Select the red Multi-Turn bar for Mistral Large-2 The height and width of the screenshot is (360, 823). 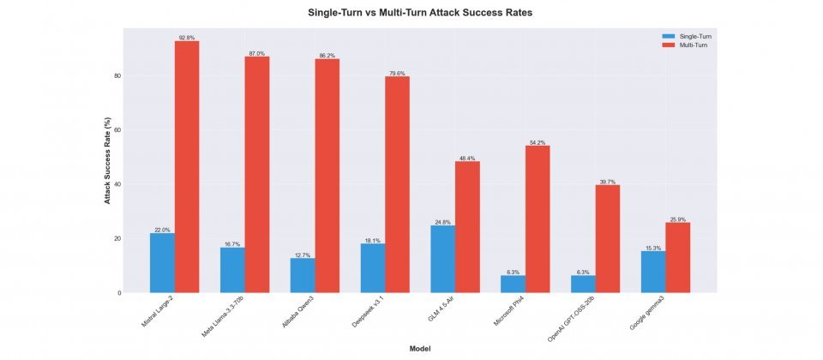click(x=187, y=167)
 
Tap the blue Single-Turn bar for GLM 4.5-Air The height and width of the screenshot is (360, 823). click(x=443, y=259)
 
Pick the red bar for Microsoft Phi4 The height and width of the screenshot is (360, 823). click(x=538, y=219)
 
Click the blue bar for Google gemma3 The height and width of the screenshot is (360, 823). click(x=653, y=272)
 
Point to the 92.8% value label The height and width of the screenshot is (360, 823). click(x=187, y=38)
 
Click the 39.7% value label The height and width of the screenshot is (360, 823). click(x=607, y=182)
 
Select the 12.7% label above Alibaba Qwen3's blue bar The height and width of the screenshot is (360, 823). click(x=303, y=255)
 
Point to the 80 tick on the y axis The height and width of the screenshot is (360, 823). click(x=117, y=76)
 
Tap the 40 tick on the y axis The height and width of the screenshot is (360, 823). click(x=117, y=184)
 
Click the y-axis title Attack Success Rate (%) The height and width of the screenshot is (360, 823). click(x=108, y=160)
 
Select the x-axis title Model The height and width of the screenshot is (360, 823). click(x=420, y=349)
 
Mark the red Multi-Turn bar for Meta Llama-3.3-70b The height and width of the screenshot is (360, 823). click(x=257, y=175)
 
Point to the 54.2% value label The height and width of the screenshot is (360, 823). click(x=538, y=142)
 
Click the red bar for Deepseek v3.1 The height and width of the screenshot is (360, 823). click(x=397, y=184)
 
